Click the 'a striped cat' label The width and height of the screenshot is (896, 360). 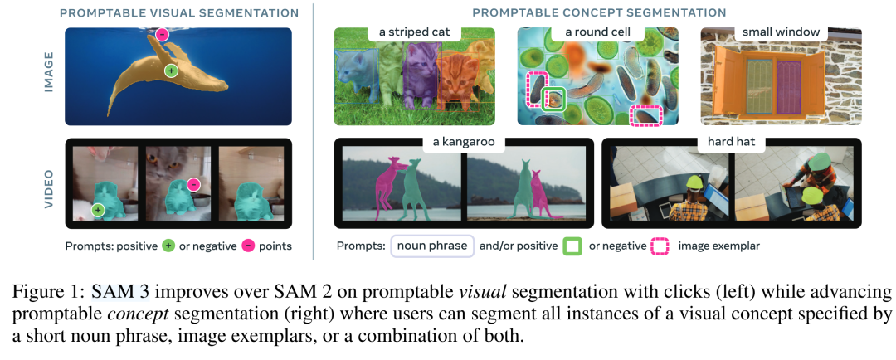(415, 33)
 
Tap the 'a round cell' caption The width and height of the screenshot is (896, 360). (597, 33)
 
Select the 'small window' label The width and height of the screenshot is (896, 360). (781, 33)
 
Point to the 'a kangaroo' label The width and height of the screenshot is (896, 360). (464, 143)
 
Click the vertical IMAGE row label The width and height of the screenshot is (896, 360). (47, 75)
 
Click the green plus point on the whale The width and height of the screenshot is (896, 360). (171, 71)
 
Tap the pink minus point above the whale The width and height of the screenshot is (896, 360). (162, 35)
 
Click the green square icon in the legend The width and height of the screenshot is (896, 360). (572, 246)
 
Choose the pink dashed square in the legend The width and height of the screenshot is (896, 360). (660, 246)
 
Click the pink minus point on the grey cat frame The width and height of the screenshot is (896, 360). (193, 184)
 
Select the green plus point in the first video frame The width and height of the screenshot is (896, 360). (98, 211)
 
